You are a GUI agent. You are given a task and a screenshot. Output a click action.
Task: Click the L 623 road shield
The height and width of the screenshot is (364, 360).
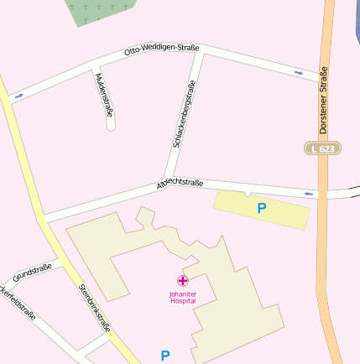click(x=322, y=148)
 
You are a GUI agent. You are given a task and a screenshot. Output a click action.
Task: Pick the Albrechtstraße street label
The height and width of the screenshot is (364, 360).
click(x=180, y=185)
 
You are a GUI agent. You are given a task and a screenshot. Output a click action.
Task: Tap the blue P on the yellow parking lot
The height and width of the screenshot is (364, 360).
click(x=262, y=208)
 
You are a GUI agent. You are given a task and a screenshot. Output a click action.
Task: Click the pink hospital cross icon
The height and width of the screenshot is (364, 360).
click(x=182, y=280)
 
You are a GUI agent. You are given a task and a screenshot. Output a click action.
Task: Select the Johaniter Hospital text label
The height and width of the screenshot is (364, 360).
click(x=182, y=297)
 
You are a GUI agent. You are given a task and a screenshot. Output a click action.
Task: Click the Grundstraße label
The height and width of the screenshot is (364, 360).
click(x=32, y=273)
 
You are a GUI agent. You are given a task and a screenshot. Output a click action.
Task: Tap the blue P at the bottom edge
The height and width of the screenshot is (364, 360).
click(x=165, y=356)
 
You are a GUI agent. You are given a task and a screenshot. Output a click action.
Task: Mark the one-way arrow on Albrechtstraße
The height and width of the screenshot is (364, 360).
click(x=309, y=195)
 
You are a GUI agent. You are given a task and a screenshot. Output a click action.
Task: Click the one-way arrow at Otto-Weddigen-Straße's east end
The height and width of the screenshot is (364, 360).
click(x=299, y=73)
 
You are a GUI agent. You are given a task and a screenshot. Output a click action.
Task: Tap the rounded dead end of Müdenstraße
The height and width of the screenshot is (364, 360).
click(x=111, y=127)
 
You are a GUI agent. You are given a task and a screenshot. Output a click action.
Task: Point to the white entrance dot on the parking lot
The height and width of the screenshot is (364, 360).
click(x=247, y=194)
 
